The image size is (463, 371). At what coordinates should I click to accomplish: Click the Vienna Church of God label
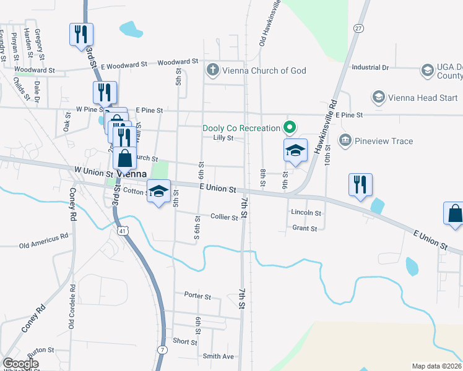pyautogui.click(x=264, y=70)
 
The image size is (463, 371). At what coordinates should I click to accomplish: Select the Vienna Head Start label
pyautogui.click(x=423, y=98)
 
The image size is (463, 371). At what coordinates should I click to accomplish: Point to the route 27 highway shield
pyautogui.click(x=359, y=28)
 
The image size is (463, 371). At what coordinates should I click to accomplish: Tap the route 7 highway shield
pyautogui.click(x=162, y=351)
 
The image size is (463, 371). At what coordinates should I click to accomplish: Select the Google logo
pyautogui.click(x=20, y=364)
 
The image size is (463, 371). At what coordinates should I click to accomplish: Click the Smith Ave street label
pyautogui.click(x=219, y=356)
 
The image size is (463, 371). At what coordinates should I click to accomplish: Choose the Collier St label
pyautogui.click(x=224, y=218)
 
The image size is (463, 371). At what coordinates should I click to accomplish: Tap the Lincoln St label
pyautogui.click(x=306, y=213)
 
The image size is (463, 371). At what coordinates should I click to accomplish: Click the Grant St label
pyautogui.click(x=305, y=228)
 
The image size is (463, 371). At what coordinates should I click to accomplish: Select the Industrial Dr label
pyautogui.click(x=370, y=67)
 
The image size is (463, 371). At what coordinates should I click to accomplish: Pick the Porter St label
pyautogui.click(x=197, y=296)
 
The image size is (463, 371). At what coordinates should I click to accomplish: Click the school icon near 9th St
pyautogui.click(x=295, y=150)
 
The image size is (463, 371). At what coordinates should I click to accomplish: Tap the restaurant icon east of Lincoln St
pyautogui.click(x=360, y=184)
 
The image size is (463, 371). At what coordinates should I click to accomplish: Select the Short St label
pyautogui.click(x=185, y=341)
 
